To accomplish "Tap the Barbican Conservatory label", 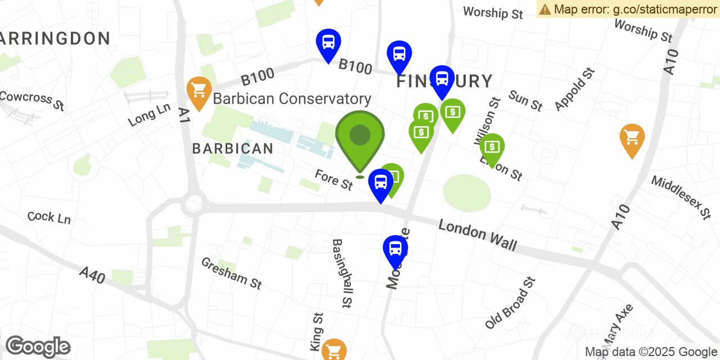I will pos(292,99).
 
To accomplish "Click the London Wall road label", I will pos(477,234).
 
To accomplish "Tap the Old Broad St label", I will pos(510,303).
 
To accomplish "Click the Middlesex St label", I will pos(681,197).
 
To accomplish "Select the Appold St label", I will pos(574,89).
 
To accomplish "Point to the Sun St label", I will pos(525,100).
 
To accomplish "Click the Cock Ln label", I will pos(49,217).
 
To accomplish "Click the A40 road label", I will pos(92,275).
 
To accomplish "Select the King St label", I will pos(317,330).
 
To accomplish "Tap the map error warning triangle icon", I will pos(544,9).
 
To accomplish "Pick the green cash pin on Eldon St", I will pos(492,147).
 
